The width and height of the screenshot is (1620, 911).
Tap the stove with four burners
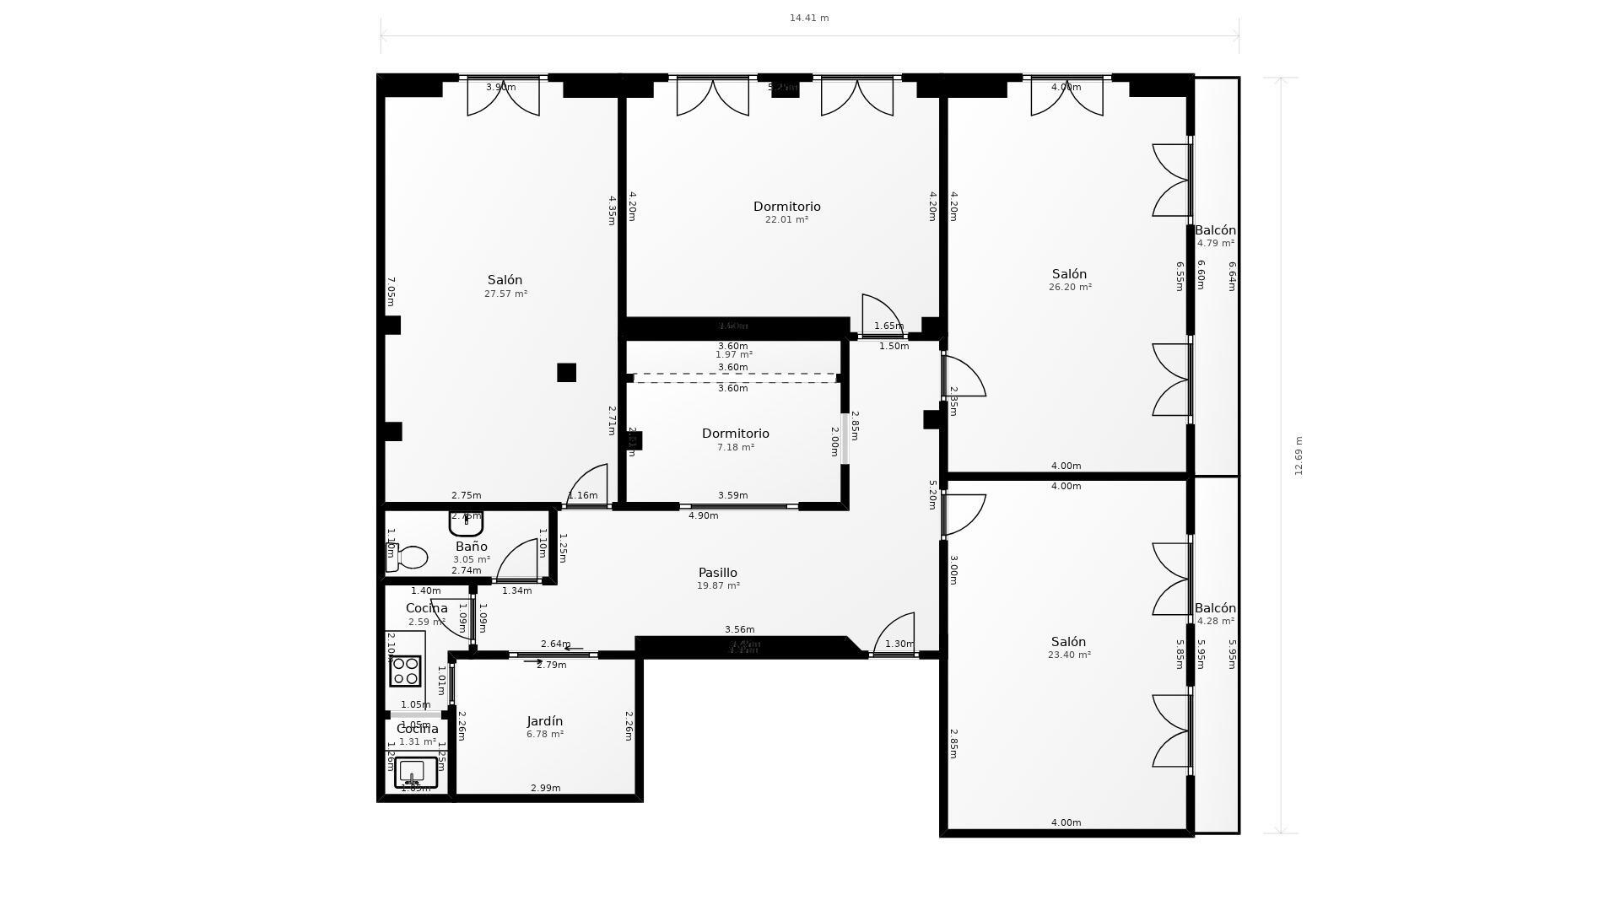(405, 671)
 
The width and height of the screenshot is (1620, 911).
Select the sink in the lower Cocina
(415, 772)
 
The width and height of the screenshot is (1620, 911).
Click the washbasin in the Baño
(466, 523)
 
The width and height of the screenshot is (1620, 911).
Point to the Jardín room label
(544, 721)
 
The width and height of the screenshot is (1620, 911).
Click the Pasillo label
(718, 573)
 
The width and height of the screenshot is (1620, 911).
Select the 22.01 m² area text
(786, 220)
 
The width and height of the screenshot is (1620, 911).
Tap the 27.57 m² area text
(505, 294)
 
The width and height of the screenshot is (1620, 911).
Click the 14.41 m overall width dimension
(809, 19)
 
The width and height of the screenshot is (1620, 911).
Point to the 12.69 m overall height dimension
(1299, 455)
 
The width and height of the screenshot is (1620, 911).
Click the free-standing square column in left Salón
(566, 372)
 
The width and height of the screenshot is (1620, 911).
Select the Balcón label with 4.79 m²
(1215, 230)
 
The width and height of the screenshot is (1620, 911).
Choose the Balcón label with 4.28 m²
(1215, 608)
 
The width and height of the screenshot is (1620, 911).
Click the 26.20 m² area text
(1070, 288)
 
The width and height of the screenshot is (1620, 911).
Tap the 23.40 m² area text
(1069, 655)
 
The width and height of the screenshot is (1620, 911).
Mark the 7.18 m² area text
(736, 448)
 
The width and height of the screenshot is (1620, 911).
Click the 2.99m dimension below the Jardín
(545, 789)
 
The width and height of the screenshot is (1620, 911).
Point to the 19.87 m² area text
(718, 586)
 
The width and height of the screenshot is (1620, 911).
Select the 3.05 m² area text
(472, 560)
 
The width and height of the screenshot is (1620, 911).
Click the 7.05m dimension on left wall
(391, 291)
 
